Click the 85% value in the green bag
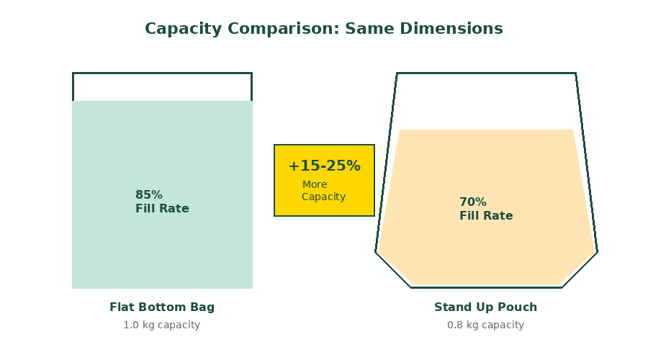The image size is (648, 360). pyautogui.click(x=149, y=195)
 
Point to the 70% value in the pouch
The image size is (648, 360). pyautogui.click(x=473, y=202)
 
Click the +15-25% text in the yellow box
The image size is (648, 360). pyautogui.click(x=324, y=166)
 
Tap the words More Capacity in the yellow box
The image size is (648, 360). pyautogui.click(x=323, y=191)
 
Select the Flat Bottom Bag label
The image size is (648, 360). pyautogui.click(x=162, y=307)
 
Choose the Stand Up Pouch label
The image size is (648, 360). pyautogui.click(x=485, y=307)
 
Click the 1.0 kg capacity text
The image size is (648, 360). pyautogui.click(x=162, y=325)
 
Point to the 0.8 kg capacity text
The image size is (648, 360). pyautogui.click(x=485, y=325)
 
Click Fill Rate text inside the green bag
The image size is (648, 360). pyautogui.click(x=162, y=209)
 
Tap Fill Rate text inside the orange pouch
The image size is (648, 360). pyautogui.click(x=486, y=216)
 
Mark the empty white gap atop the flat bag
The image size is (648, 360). pyautogui.click(x=162, y=87)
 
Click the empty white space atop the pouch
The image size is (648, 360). pyautogui.click(x=486, y=102)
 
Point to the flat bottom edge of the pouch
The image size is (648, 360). pyautogui.click(x=486, y=287)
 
